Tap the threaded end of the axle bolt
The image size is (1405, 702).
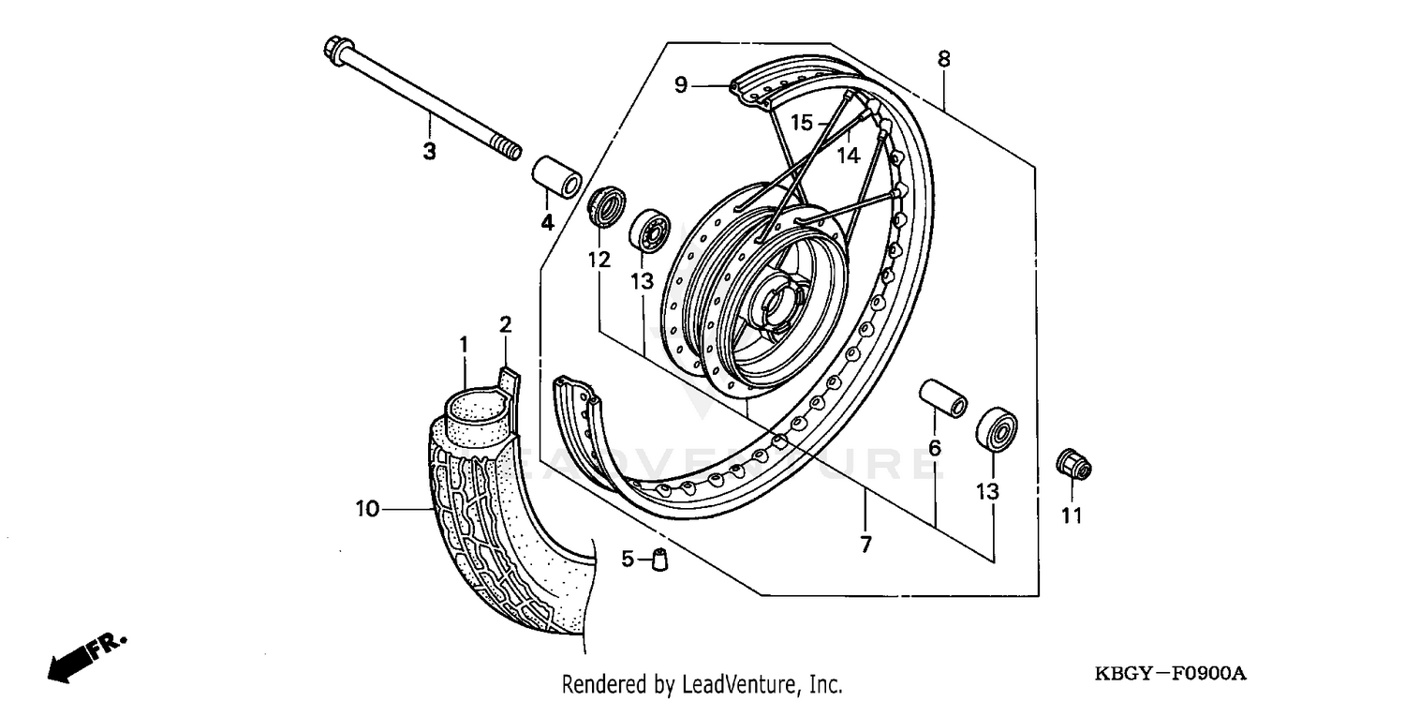click(x=505, y=149)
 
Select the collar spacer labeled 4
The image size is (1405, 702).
click(x=556, y=178)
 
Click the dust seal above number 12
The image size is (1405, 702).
click(x=606, y=205)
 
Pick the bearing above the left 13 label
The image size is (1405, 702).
click(x=647, y=232)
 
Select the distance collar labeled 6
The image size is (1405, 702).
click(x=942, y=398)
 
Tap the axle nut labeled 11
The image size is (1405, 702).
click(x=1073, y=464)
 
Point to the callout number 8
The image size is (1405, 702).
click(x=943, y=59)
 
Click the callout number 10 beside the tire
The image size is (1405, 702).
click(x=367, y=509)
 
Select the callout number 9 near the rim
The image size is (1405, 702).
click(x=681, y=85)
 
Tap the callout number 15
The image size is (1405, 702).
click(x=801, y=123)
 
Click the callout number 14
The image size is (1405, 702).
click(x=848, y=155)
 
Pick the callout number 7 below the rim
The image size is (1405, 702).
click(x=865, y=544)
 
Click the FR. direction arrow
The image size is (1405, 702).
click(x=84, y=656)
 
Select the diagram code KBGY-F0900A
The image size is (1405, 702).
click(x=1171, y=674)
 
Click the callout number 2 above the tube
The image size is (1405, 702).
click(x=505, y=325)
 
